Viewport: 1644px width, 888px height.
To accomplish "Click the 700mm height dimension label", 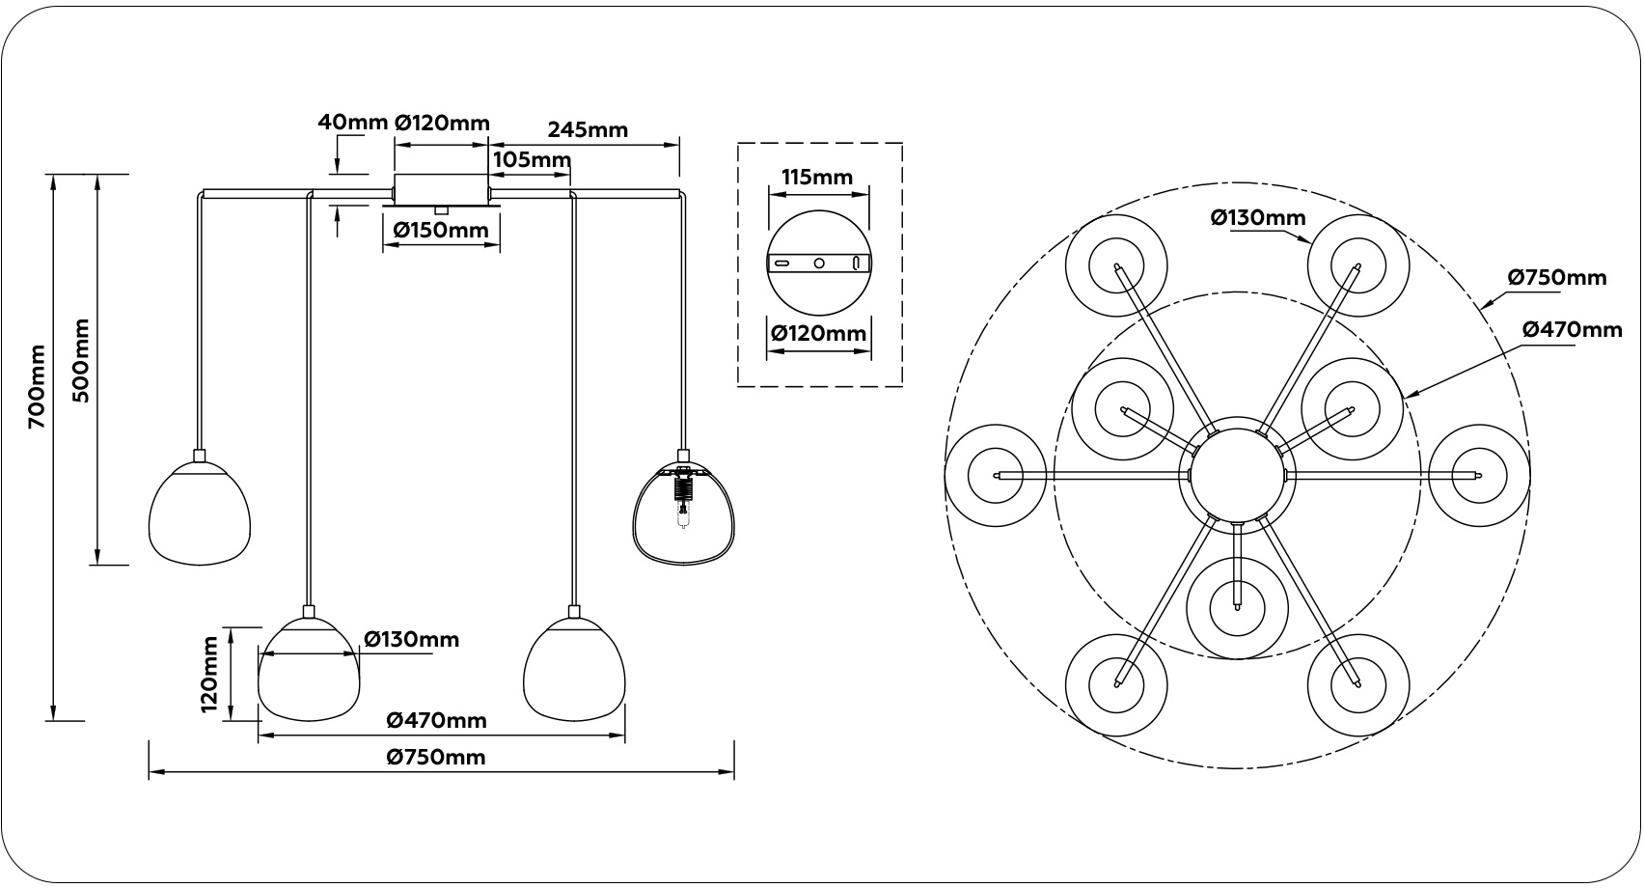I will (x=36, y=386).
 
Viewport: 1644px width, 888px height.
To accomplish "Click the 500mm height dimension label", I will (x=81, y=360).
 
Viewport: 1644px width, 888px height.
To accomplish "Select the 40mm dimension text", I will (x=352, y=123).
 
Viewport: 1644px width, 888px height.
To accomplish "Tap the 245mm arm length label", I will (x=588, y=129).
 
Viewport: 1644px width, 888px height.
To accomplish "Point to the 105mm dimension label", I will (x=532, y=159).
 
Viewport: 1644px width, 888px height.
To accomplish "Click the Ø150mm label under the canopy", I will (x=441, y=231).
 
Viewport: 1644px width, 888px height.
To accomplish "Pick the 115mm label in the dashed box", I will (x=817, y=177).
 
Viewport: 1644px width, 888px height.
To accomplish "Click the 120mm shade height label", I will (x=210, y=674).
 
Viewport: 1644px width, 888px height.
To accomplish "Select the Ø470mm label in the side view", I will (x=436, y=720).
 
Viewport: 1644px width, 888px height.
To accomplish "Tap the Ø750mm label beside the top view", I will (x=1558, y=278).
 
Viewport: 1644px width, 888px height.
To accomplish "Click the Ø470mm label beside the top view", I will (x=1573, y=329).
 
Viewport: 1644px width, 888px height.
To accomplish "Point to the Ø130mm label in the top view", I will (x=1258, y=218).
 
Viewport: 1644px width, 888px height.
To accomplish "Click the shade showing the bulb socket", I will (x=683, y=512).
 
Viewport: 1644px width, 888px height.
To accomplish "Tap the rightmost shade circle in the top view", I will (x=1477, y=476).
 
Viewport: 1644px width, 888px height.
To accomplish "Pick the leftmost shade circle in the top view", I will (x=995, y=476).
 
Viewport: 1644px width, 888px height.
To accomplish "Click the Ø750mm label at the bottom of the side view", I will (x=436, y=757).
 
